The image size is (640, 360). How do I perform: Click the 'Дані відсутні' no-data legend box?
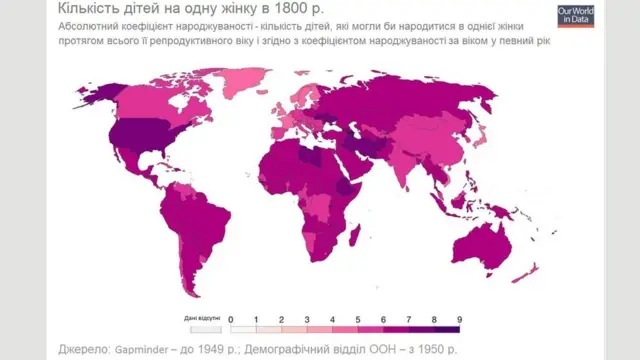[x=204, y=327]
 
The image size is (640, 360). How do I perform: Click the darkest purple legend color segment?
[x=446, y=327]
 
